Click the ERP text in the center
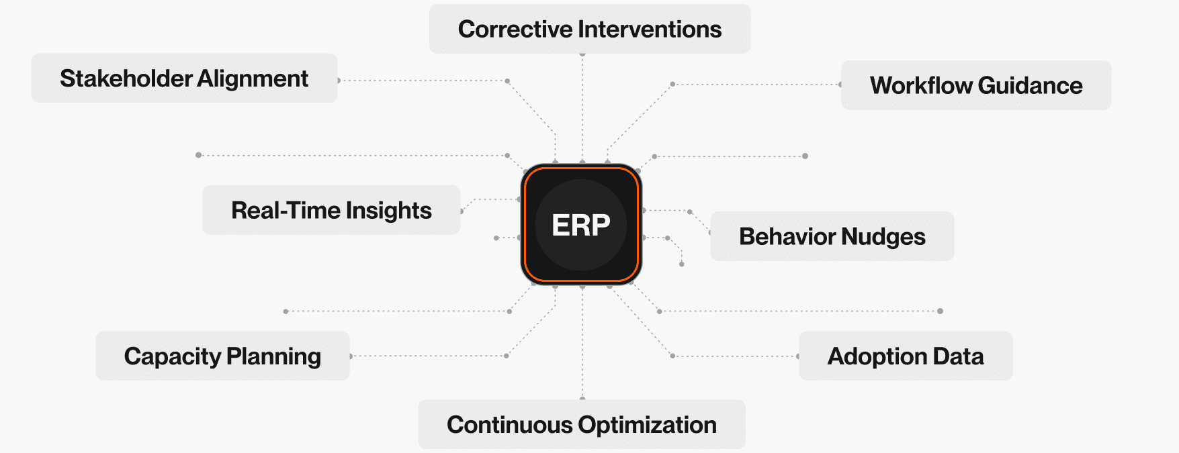point(581,225)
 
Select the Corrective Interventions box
point(590,29)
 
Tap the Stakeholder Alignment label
point(184,79)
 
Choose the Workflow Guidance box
point(976,85)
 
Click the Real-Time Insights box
point(331,210)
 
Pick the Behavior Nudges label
point(832,236)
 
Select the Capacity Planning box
point(222,356)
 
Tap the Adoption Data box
point(905,356)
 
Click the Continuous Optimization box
point(581,424)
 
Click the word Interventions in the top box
point(650,29)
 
